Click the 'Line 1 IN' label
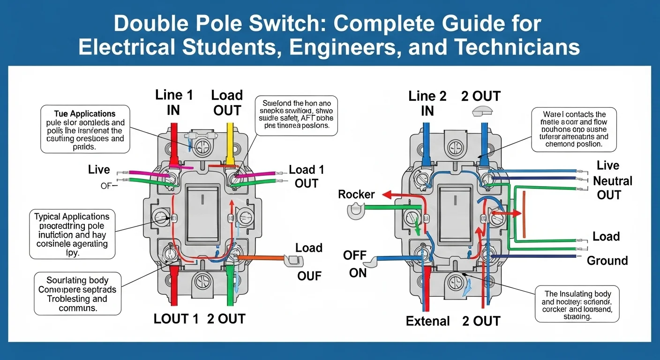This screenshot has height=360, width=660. pos(174,102)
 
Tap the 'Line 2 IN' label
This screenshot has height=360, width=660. pos(427,103)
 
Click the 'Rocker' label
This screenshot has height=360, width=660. pos(356,194)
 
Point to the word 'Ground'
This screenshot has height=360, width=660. pos(607,261)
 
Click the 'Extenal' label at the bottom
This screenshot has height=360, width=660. pos(427,321)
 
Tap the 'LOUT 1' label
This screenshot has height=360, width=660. pos(176,319)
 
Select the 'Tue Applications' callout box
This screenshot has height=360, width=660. pos(85,130)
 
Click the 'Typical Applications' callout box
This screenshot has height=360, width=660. pos(72,234)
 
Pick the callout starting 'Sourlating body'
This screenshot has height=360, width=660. pos(78,294)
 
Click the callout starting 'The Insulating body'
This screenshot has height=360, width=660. pos(577,303)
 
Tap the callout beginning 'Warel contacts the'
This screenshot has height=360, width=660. pos(574,129)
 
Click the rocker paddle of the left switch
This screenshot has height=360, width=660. pos(202,213)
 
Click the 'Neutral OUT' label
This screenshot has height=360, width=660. pos(612,187)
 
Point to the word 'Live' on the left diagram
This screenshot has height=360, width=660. pos(99,170)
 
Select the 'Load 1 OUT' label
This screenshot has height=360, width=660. pos(306,176)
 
